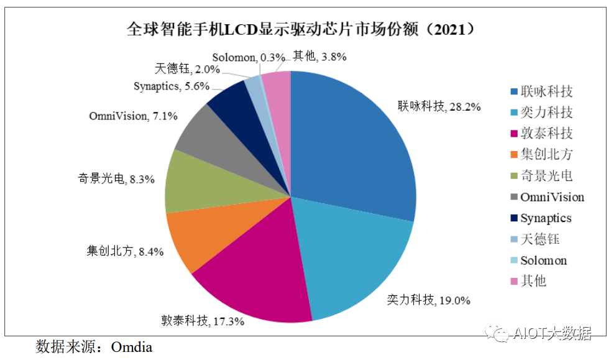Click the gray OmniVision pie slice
[205, 134]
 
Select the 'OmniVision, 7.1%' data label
[133, 116]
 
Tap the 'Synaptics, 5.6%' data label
[171, 86]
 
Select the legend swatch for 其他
[513, 281]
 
